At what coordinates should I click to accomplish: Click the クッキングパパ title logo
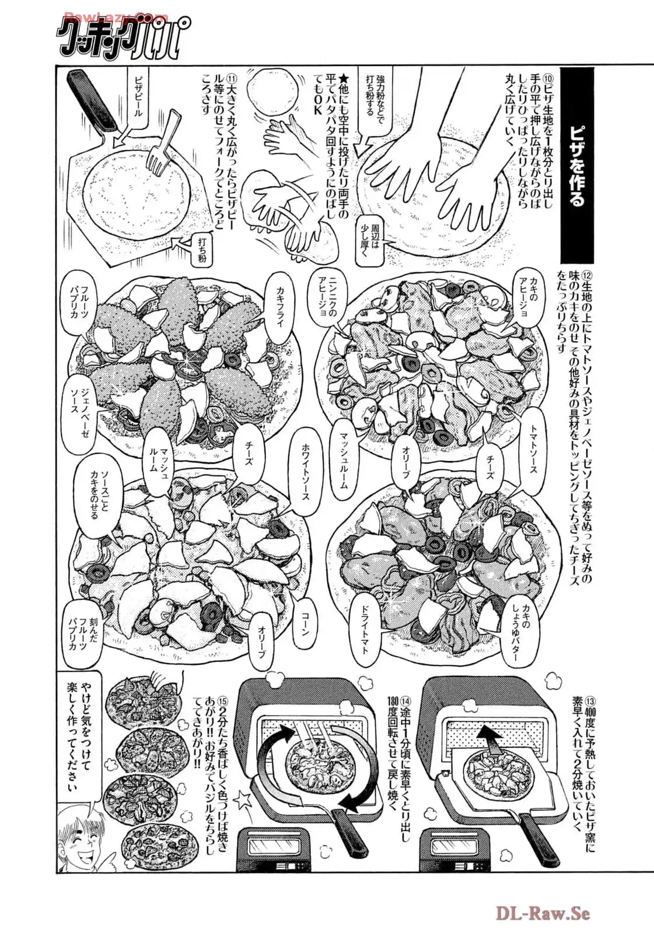click(120, 37)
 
